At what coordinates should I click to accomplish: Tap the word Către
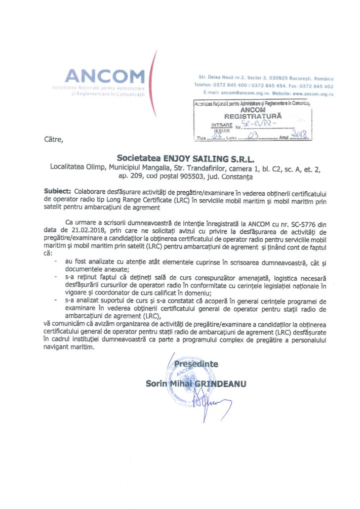[x=54, y=139]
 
